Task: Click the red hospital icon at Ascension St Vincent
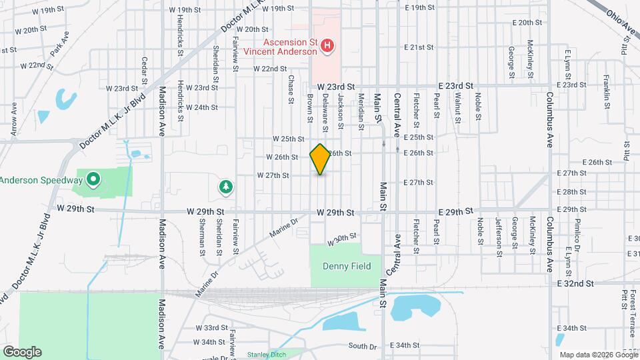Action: point(327,46)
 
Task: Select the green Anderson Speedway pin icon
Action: point(93,179)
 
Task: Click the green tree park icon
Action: point(227,187)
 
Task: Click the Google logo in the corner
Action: point(21,352)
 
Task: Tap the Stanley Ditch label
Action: point(266,355)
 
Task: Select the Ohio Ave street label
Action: point(621,22)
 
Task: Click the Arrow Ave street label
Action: point(14,119)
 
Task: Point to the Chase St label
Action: point(291,89)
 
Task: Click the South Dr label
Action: point(363,345)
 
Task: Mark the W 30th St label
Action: point(343,238)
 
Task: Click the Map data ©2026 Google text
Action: point(597,354)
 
